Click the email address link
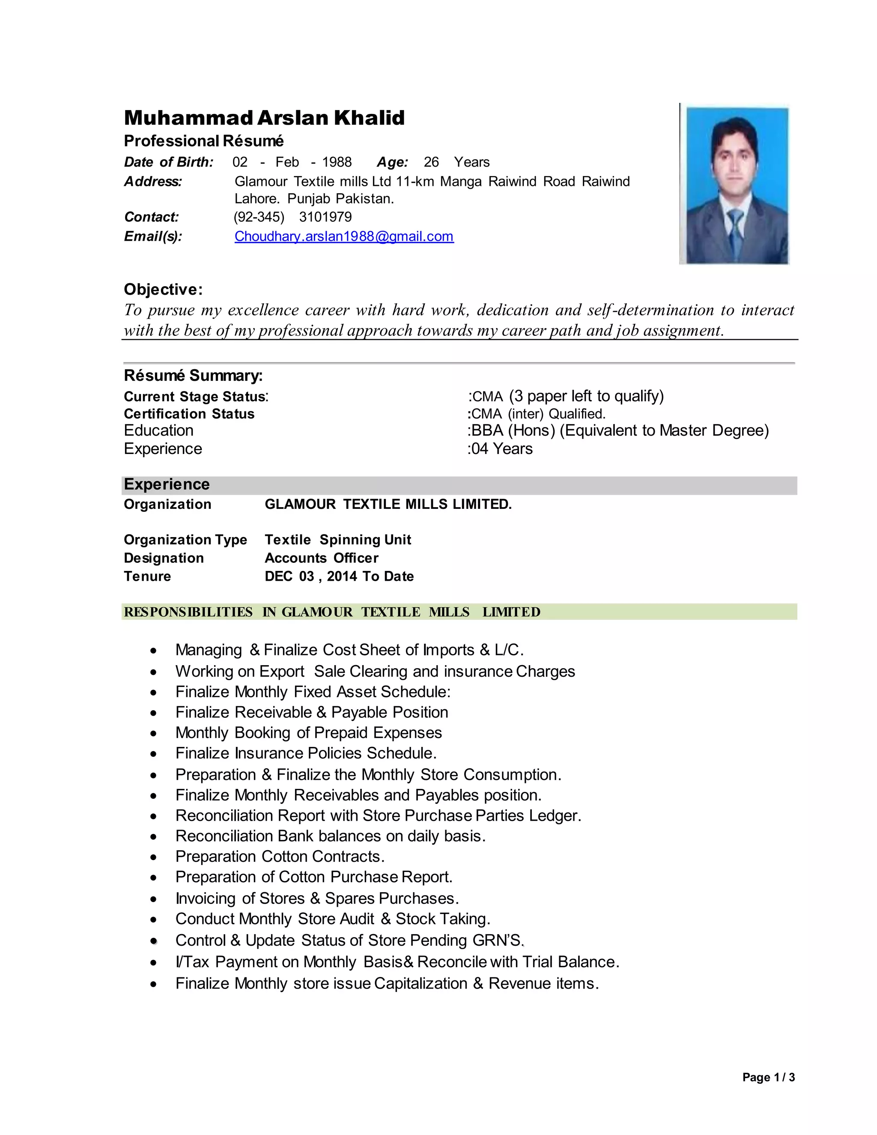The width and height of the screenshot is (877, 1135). (x=343, y=236)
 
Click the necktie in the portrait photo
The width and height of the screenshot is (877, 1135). (x=736, y=229)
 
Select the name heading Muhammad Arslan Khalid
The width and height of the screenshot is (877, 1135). (x=264, y=118)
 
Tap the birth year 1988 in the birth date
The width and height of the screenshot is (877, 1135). (x=337, y=162)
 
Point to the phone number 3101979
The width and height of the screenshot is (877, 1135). (x=325, y=217)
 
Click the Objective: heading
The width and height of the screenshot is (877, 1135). (x=163, y=290)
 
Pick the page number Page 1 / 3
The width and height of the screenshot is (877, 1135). (x=768, y=1077)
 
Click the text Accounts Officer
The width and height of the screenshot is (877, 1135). (x=321, y=558)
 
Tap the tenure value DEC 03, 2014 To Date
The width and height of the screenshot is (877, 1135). (x=339, y=576)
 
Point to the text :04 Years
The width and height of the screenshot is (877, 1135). (x=500, y=449)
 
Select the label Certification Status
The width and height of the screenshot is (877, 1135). (x=189, y=414)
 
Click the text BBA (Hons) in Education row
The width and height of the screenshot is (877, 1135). (x=512, y=431)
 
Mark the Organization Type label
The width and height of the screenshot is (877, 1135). (x=185, y=540)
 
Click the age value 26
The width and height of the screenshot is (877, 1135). (x=431, y=162)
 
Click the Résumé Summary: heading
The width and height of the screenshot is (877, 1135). (x=193, y=376)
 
